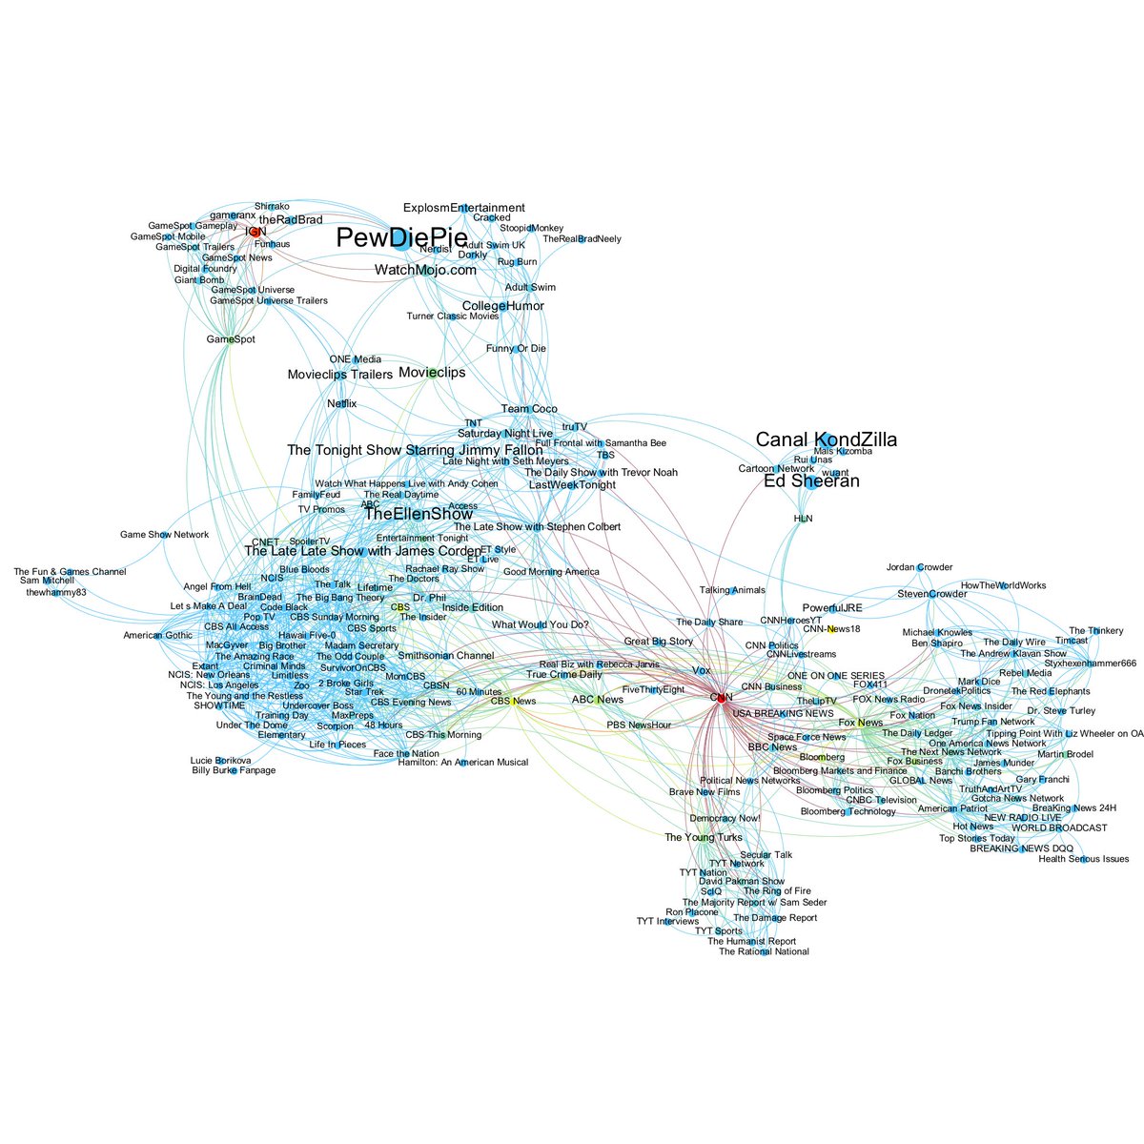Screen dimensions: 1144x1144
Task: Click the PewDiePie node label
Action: (x=401, y=239)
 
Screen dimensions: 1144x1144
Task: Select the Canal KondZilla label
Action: (x=826, y=439)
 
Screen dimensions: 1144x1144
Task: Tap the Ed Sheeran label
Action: (x=811, y=481)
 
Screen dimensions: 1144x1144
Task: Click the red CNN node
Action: (x=721, y=697)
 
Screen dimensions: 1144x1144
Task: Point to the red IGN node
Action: (x=254, y=232)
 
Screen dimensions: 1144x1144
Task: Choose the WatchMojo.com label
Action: (x=425, y=271)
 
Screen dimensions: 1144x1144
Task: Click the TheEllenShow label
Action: (x=419, y=514)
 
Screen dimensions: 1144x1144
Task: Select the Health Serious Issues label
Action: (x=1084, y=859)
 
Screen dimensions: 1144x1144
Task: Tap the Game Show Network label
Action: (x=164, y=535)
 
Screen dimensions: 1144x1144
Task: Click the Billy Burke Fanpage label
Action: (x=234, y=770)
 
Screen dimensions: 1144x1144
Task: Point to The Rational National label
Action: (x=764, y=951)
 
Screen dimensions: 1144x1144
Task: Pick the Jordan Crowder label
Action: (x=919, y=567)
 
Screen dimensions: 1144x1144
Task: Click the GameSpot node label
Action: (x=231, y=339)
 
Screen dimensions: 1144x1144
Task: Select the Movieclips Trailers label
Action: (x=339, y=375)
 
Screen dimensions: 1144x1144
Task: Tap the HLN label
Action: (x=804, y=519)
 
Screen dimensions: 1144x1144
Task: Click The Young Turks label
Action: (x=703, y=838)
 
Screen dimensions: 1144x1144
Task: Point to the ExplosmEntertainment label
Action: (x=463, y=208)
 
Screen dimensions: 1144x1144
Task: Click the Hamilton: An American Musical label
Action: (x=462, y=763)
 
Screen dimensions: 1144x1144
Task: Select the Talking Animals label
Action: (x=732, y=591)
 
